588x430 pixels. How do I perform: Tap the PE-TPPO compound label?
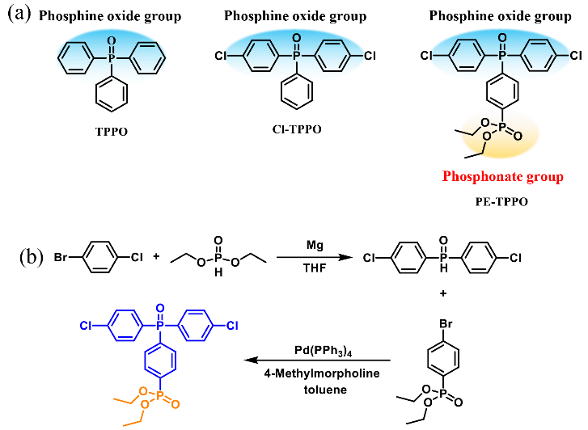click(499, 202)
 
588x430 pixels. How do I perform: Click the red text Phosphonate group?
click(499, 176)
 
